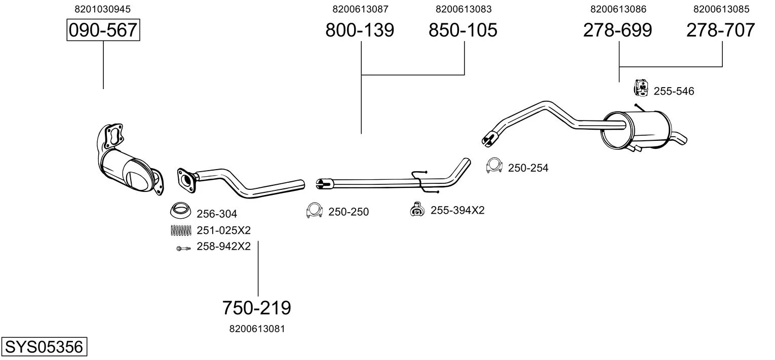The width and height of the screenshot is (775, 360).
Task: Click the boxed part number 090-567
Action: pyautogui.click(x=103, y=30)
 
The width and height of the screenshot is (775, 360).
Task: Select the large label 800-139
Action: pyautogui.click(x=360, y=30)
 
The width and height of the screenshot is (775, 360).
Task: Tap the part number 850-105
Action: pyautogui.click(x=463, y=30)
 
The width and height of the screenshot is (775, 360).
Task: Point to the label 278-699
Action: pyautogui.click(x=617, y=30)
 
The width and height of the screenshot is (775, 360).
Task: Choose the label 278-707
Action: pyautogui.click(x=721, y=30)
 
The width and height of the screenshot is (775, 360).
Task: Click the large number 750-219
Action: pyautogui.click(x=257, y=308)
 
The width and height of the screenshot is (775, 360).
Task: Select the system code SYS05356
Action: pyautogui.click(x=44, y=346)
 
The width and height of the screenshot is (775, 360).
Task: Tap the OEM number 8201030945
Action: pyautogui.click(x=103, y=9)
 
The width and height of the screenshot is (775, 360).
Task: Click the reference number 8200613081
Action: pyautogui.click(x=257, y=329)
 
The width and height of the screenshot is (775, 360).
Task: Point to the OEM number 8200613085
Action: pyautogui.click(x=721, y=9)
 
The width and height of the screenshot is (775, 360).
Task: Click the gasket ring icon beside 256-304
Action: pyautogui.click(x=181, y=210)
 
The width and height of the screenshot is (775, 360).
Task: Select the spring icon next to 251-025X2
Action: pyautogui.click(x=181, y=230)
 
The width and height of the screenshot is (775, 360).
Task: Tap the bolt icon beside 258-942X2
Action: pyautogui.click(x=183, y=248)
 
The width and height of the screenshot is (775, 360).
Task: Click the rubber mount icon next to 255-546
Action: pyautogui.click(x=641, y=88)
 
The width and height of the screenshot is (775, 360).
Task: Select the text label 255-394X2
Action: pyautogui.click(x=457, y=210)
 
